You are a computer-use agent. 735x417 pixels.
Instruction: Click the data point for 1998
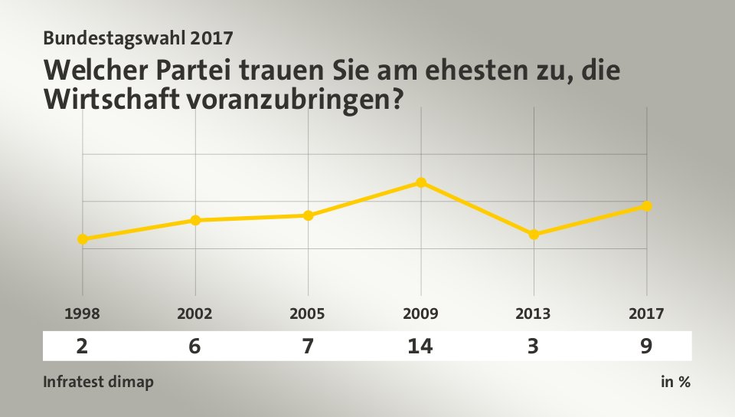(82, 239)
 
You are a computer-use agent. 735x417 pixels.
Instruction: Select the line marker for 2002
(195, 220)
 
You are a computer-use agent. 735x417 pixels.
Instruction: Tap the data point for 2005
(308, 215)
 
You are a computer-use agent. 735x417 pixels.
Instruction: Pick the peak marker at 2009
(421, 182)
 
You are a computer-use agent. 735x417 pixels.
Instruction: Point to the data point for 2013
(534, 235)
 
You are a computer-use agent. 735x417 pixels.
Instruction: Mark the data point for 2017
(647, 206)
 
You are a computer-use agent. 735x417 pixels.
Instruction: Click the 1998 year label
(82, 314)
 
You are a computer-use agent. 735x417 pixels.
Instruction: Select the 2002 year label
(195, 314)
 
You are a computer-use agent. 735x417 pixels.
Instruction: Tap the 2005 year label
(308, 314)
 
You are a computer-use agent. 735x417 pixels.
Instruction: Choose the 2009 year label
(421, 314)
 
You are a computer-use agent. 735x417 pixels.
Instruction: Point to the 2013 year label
(534, 314)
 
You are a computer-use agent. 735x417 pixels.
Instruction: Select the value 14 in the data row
(421, 346)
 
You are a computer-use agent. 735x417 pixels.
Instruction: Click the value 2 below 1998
(82, 346)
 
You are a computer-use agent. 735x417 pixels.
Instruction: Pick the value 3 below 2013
(534, 346)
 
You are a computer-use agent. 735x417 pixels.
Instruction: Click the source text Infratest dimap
(98, 382)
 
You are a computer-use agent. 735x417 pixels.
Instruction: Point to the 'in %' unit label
(675, 382)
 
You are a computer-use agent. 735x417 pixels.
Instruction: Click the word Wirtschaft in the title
(112, 99)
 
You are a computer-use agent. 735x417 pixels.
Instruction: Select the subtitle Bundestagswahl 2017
(139, 36)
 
